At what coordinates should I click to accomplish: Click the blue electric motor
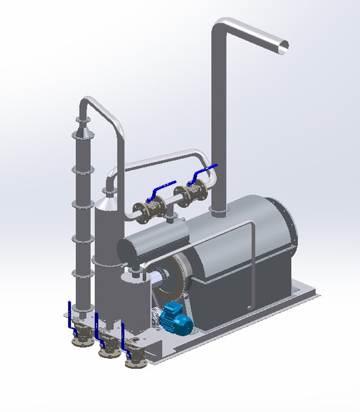(x=176, y=318)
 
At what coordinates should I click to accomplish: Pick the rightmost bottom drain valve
(x=134, y=357)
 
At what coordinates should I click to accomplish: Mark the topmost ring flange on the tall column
(x=83, y=120)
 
